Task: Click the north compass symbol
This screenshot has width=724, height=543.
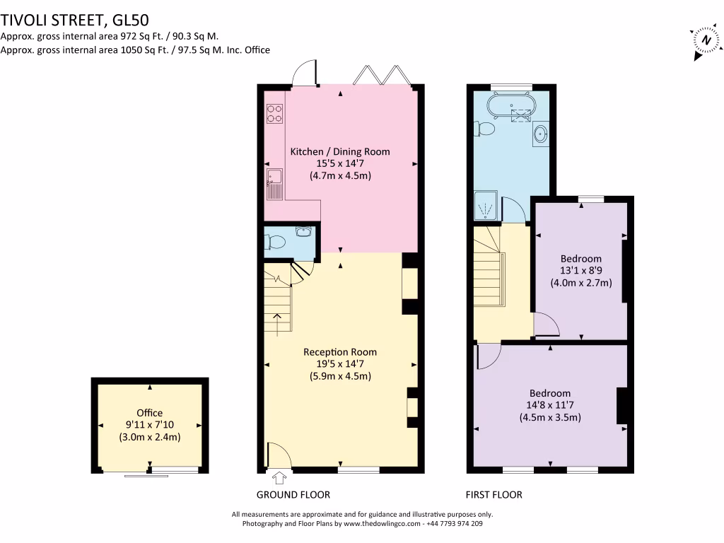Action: point(704,41)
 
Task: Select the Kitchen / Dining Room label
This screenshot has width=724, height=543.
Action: point(340,151)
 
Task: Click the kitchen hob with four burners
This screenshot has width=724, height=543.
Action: point(274,113)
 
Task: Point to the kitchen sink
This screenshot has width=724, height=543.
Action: point(274,182)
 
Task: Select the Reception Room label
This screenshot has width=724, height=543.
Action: point(340,351)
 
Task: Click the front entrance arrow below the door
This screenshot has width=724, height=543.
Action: point(280,479)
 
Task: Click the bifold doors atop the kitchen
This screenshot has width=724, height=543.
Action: point(383,74)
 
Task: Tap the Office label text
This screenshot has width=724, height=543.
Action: point(149,413)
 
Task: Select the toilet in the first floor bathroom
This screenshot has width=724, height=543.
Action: point(486,129)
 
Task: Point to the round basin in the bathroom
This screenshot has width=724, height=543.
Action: point(541,132)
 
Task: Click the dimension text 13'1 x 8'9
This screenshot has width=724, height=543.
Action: point(581,270)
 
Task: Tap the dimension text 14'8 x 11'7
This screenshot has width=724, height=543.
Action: point(550,405)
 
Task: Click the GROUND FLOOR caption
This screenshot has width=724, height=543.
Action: point(293,495)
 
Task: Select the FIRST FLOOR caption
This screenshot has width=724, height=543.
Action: point(494,495)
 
